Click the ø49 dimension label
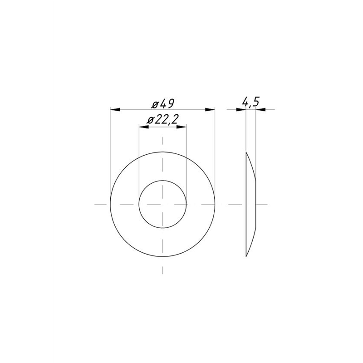[x=162, y=103]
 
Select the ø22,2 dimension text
[x=163, y=120]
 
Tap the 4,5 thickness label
[x=250, y=102]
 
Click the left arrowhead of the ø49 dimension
[x=115, y=109]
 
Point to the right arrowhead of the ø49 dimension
[x=210, y=109]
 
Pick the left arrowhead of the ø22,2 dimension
[x=144, y=127]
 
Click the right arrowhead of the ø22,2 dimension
[x=181, y=127]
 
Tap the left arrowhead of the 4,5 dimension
[x=241, y=109]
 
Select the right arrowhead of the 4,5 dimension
[x=260, y=109]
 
